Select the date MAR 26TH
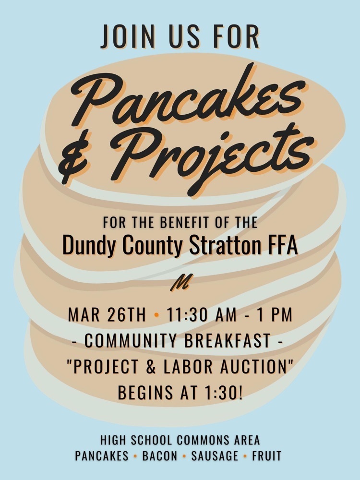click(x=107, y=314)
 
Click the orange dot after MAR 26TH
click(x=157, y=315)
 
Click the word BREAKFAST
click(x=228, y=340)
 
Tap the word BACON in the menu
click(x=160, y=456)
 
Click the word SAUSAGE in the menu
click(x=215, y=456)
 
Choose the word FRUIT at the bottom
click(x=266, y=456)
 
